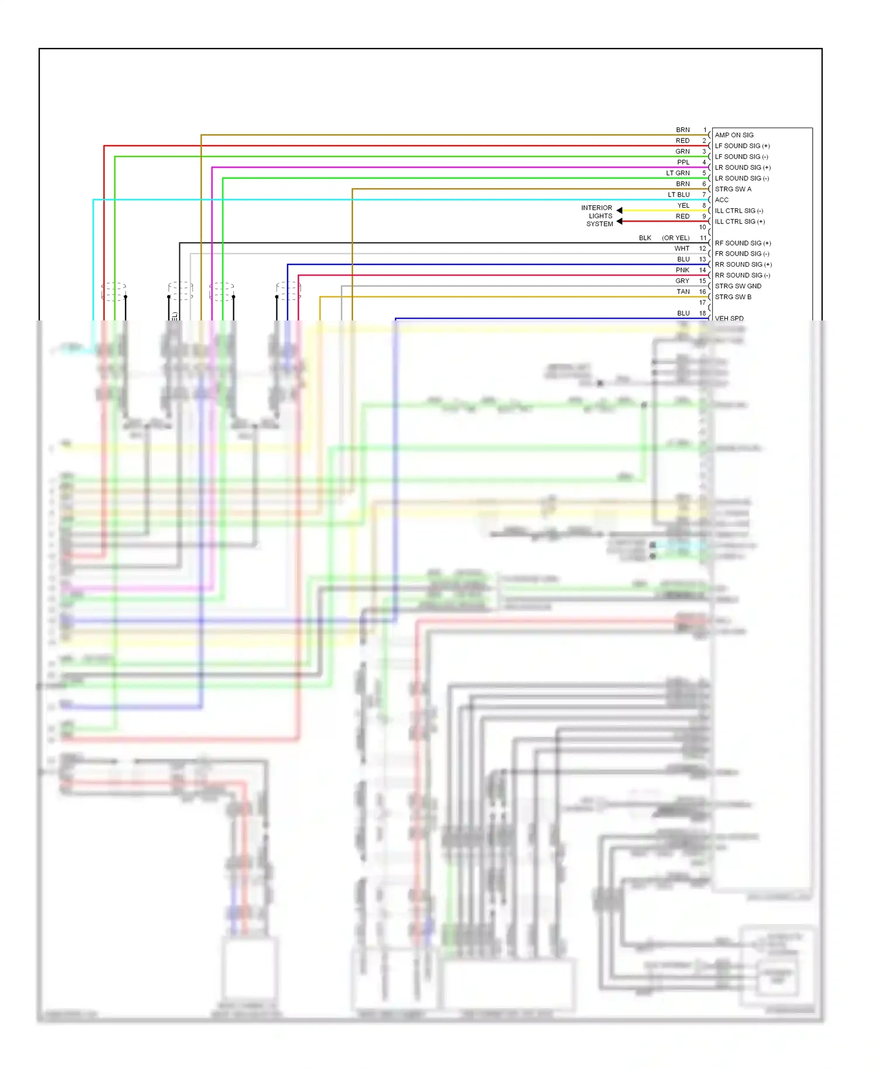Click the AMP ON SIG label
734,135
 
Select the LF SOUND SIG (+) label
742,146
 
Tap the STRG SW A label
733,189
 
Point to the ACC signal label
721,200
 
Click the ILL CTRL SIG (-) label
738,211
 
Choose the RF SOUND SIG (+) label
743,243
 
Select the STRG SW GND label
738,287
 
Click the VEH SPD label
729,319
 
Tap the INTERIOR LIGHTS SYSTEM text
598,216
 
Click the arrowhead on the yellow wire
619,211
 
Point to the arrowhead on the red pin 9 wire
619,222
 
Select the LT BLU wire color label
678,195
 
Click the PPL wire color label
683,163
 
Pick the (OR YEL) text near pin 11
675,238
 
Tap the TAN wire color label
683,292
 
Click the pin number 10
702,227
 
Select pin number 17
702,303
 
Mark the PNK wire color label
682,270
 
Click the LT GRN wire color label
678,173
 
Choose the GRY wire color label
682,281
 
